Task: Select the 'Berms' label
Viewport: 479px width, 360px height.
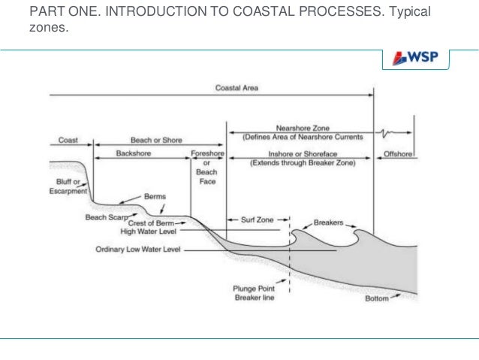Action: click(x=155, y=197)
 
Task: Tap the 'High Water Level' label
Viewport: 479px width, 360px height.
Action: click(x=151, y=232)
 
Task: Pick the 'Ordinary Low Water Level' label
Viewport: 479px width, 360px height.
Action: click(x=138, y=249)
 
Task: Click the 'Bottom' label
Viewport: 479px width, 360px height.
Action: click(x=376, y=298)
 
